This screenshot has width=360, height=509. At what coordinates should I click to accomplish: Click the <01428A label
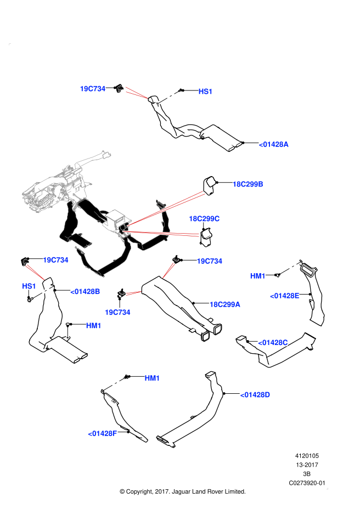pos(273,144)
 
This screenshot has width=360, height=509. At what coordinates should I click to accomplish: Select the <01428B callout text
pos(85,292)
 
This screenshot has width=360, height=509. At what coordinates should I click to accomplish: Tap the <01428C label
pos(273,343)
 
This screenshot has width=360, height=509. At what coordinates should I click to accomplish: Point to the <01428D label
pos(255,395)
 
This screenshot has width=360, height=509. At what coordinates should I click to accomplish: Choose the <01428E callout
pos(284,296)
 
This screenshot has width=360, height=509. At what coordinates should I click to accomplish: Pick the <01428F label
pos(103,433)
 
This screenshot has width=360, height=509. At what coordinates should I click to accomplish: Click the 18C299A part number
pos(224,304)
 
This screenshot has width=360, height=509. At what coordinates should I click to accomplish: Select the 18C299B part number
pos(248,184)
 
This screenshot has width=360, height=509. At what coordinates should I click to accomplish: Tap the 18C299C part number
pos(204,219)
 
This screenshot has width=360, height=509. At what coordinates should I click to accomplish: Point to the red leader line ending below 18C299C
pos(162,234)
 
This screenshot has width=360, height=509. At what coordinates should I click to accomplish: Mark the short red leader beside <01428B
pos(134,293)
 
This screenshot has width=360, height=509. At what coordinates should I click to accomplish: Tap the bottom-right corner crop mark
pos(327,488)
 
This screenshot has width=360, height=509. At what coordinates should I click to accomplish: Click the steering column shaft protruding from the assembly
pos(93,159)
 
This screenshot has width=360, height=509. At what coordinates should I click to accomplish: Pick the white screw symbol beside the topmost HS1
pos(168,97)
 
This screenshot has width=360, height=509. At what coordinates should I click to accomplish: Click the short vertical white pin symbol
pos(67,332)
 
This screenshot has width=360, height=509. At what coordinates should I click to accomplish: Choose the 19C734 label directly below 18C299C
pos(209,261)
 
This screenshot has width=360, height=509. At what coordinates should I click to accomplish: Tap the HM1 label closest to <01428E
pos(258,276)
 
